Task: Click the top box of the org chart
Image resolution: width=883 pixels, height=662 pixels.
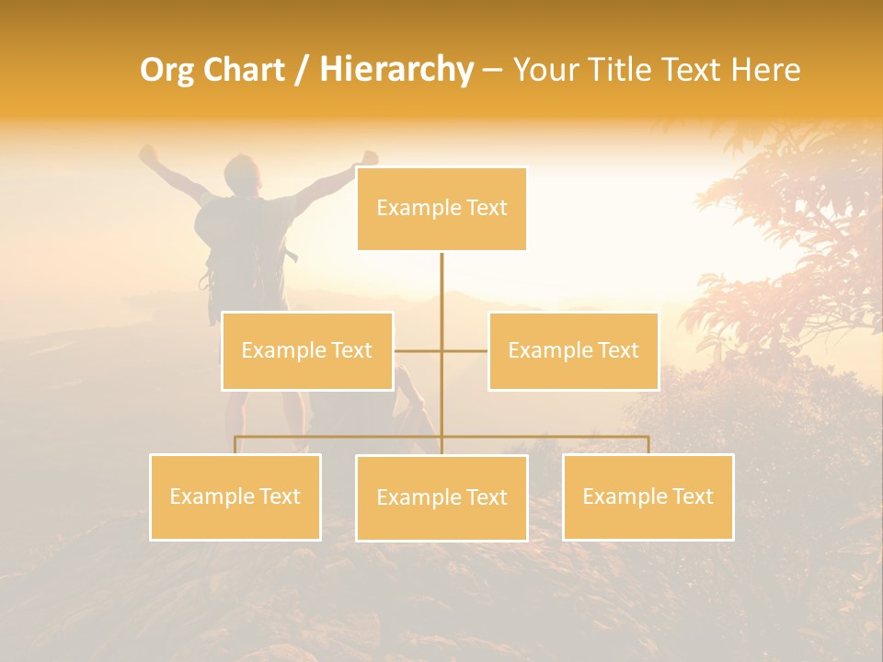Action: pyautogui.click(x=441, y=209)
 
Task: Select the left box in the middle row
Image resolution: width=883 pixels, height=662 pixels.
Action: pyautogui.click(x=307, y=350)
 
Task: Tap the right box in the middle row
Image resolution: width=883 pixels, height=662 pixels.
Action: pyautogui.click(x=573, y=350)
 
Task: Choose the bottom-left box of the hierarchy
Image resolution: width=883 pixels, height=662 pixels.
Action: pyautogui.click(x=235, y=496)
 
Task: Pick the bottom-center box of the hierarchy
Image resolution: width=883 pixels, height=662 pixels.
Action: pyautogui.click(x=441, y=497)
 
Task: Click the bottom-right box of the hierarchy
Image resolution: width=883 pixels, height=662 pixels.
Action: pyautogui.click(x=648, y=496)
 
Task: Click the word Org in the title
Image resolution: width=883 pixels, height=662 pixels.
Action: pyautogui.click(x=168, y=70)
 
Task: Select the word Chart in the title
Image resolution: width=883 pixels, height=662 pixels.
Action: pyautogui.click(x=242, y=70)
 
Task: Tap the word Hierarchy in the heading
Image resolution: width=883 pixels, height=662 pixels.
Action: pyautogui.click(x=396, y=70)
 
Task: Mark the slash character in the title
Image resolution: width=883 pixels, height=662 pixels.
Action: pyautogui.click(x=303, y=70)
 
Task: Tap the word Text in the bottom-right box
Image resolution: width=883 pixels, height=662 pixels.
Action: pyautogui.click(x=692, y=496)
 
